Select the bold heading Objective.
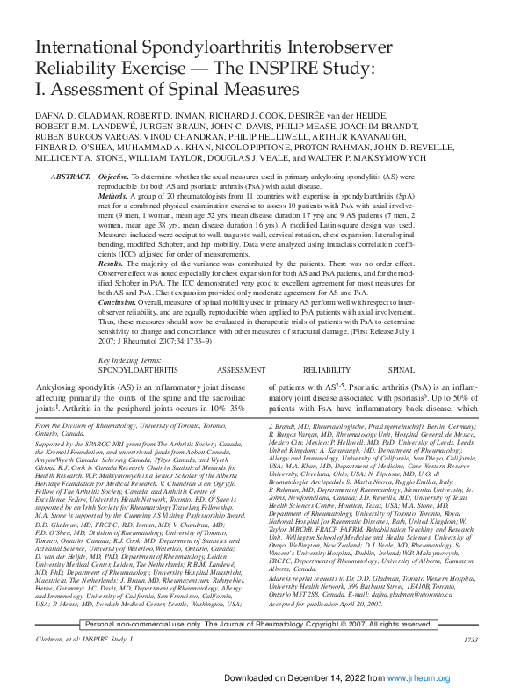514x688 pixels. pos(115,177)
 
